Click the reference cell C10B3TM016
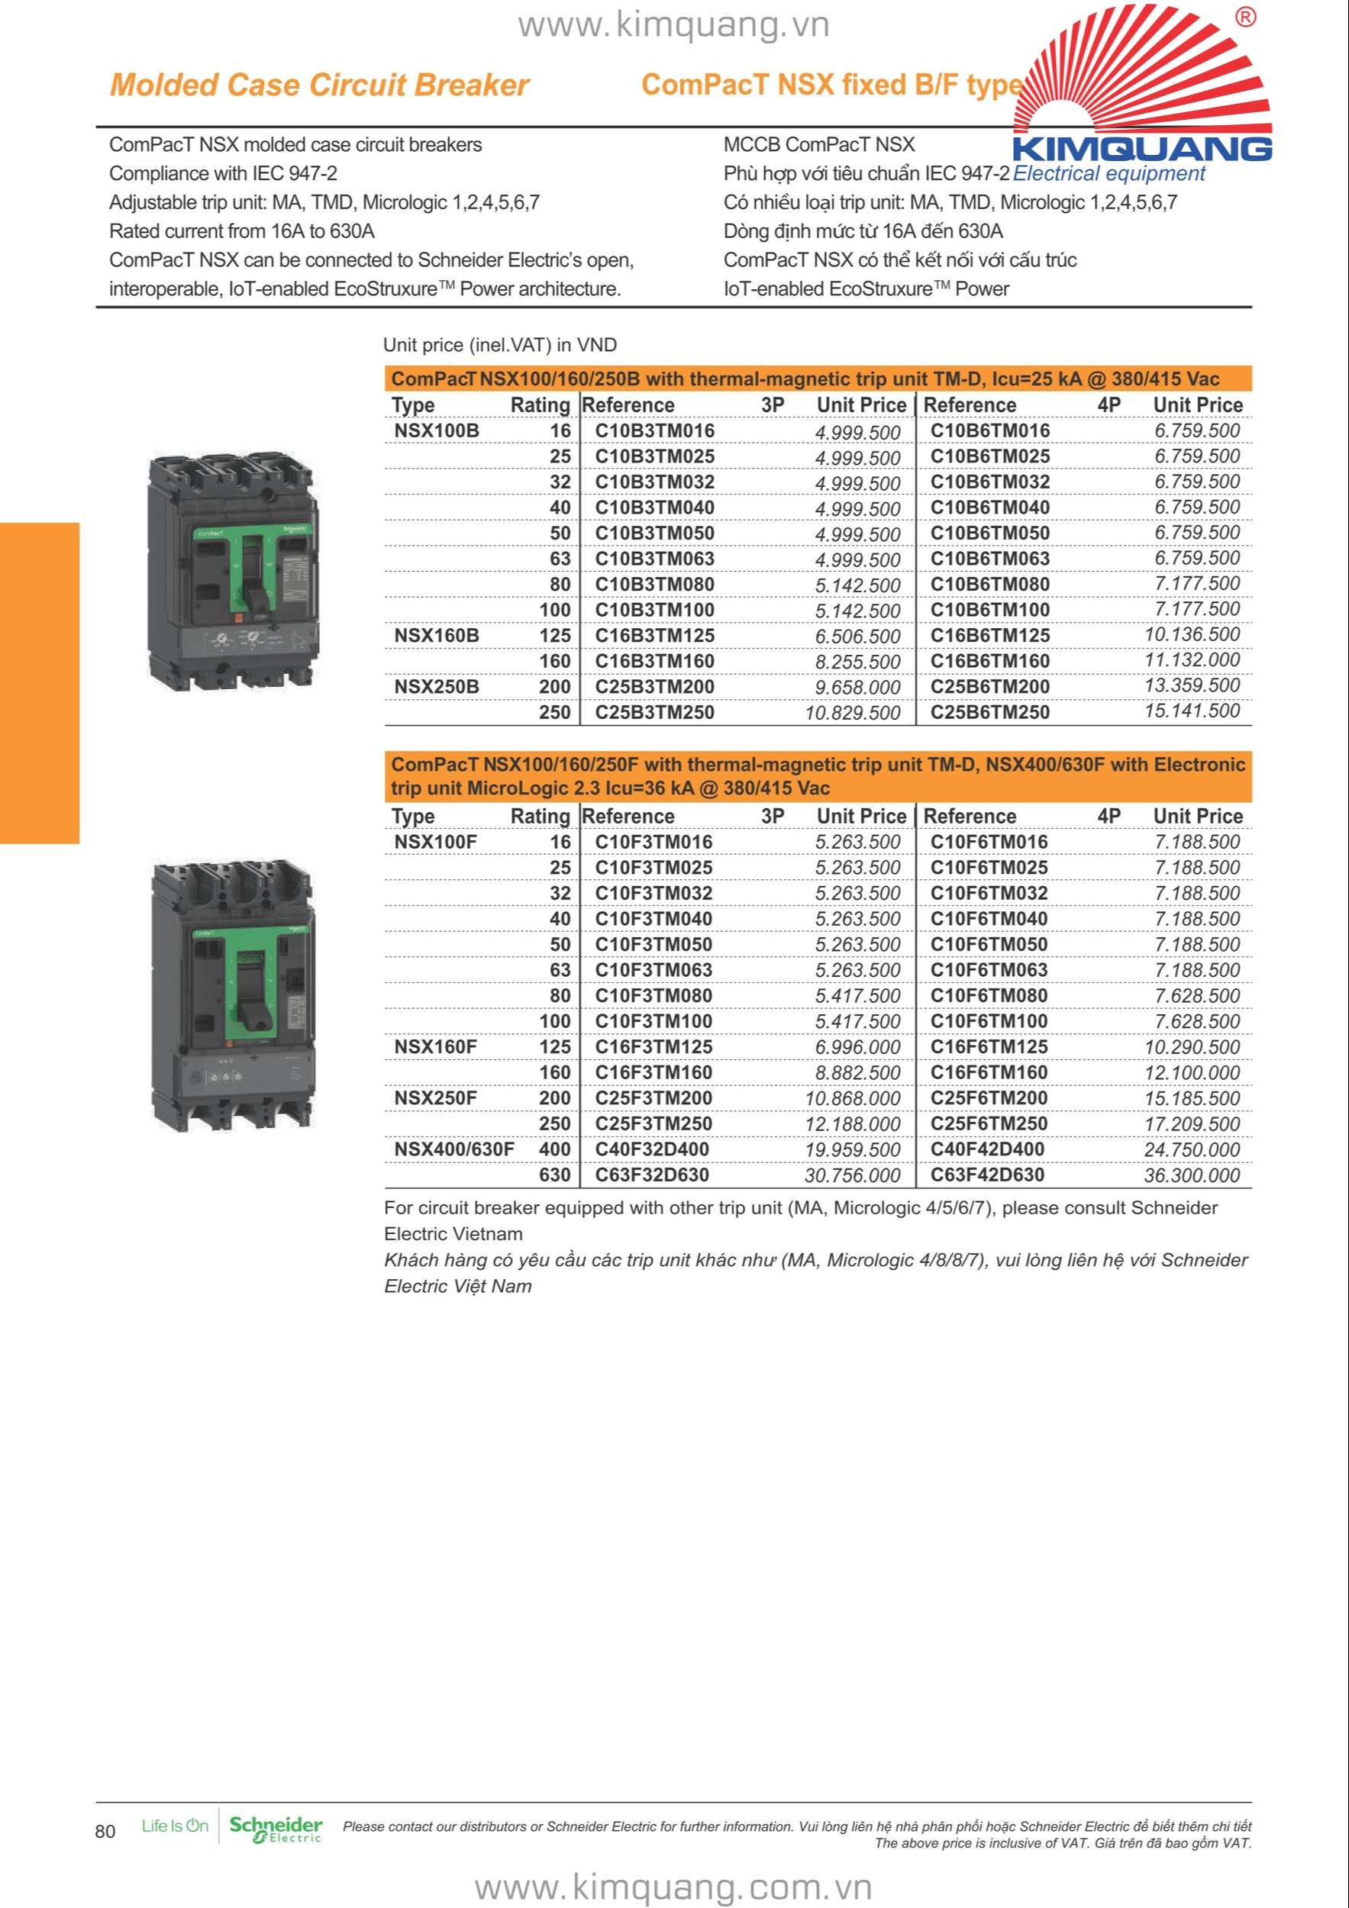[x=654, y=430]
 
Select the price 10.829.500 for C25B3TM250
[x=852, y=713]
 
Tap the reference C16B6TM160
[x=989, y=662]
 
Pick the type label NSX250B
[x=437, y=687]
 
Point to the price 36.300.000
[x=1191, y=1176]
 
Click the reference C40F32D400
[x=652, y=1150]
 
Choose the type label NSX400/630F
[x=453, y=1150]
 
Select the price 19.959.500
[x=852, y=1150]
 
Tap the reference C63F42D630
[x=987, y=1176]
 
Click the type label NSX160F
[x=435, y=1047]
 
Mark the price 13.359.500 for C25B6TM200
[x=1191, y=686]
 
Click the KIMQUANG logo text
[x=1142, y=149]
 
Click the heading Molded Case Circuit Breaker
[x=319, y=85]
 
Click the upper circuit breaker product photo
[x=232, y=571]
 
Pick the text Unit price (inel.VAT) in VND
[x=499, y=346]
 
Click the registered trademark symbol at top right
[x=1245, y=18]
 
